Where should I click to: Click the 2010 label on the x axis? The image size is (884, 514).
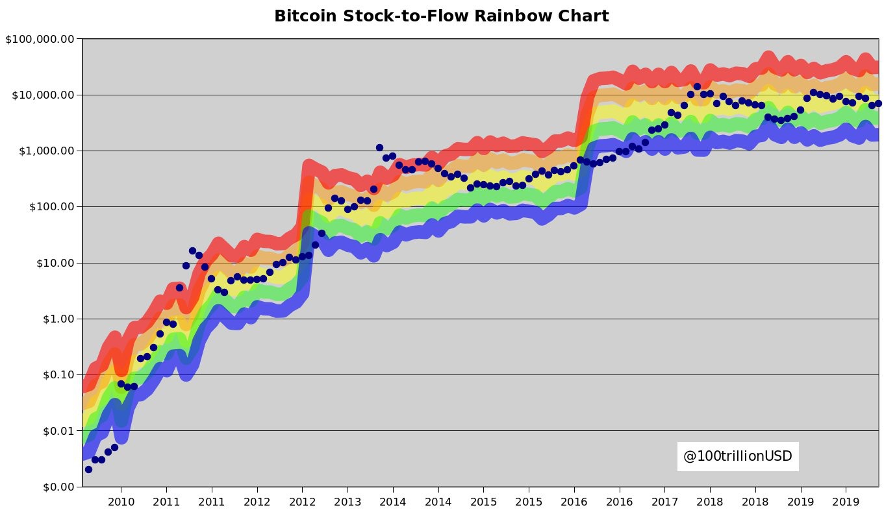(x=121, y=501)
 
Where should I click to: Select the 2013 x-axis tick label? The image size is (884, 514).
(x=347, y=501)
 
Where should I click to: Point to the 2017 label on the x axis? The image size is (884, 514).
(x=664, y=501)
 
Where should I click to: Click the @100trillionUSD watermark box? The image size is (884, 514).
(x=737, y=456)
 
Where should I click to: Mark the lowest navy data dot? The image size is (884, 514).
(x=88, y=469)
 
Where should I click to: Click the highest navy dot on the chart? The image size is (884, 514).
(x=697, y=86)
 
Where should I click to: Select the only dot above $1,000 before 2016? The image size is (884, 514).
(x=379, y=148)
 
